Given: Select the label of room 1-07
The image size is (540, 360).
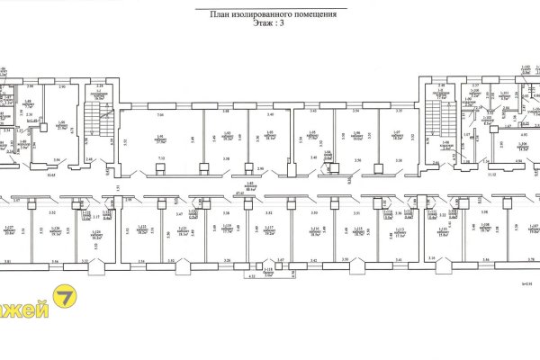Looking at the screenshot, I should tap(395, 138).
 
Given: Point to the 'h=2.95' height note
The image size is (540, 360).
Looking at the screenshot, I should tap(526, 283).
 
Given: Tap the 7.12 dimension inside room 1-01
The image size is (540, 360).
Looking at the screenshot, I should tap(161, 158).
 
